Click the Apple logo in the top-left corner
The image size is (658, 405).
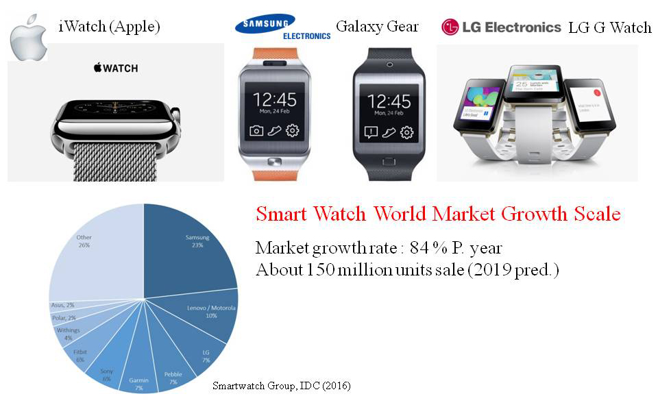(28, 38)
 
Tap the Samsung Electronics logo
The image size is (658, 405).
(282, 26)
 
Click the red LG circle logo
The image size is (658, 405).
(450, 27)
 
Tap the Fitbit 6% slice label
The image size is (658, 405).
(80, 354)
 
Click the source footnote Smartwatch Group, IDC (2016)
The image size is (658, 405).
(282, 386)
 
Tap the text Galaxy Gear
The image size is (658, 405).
(376, 27)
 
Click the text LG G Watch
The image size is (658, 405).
(609, 27)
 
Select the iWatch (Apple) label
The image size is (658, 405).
(110, 27)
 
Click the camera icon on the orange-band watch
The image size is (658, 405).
(256, 130)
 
